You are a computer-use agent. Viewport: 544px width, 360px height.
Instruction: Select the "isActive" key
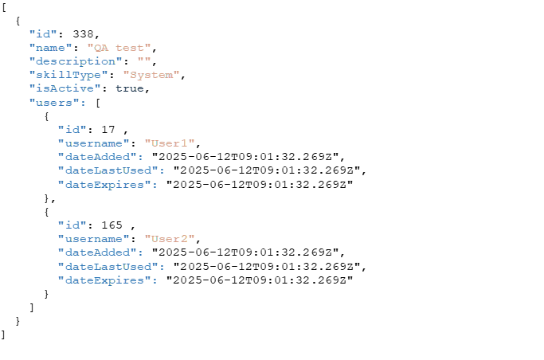[65, 88]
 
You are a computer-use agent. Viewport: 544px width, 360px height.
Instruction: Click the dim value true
[129, 88]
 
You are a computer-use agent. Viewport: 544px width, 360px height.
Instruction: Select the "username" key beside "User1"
[93, 143]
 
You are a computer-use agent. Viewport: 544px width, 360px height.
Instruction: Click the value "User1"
[170, 143]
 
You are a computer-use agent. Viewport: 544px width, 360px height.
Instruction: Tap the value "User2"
[170, 239]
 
